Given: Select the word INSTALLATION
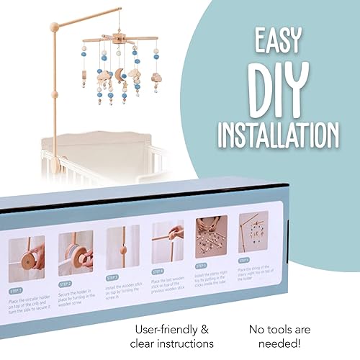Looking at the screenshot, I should (279, 135).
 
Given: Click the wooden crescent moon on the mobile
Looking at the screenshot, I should (119, 75).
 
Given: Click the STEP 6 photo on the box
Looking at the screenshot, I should (253, 232).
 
